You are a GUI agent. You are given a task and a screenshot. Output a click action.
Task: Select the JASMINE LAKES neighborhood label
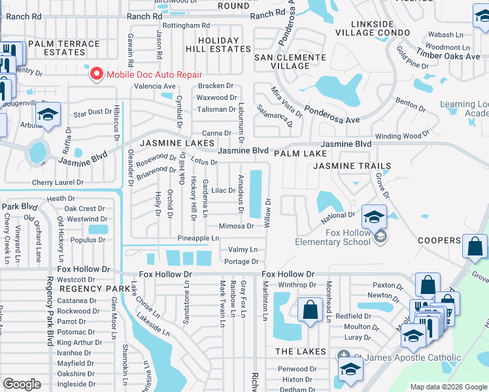click(x=176, y=142)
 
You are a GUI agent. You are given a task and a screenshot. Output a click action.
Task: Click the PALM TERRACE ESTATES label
click(x=64, y=49)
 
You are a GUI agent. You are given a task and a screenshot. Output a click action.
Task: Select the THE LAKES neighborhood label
click(x=300, y=351)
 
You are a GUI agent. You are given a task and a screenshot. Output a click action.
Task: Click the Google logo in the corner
click(x=22, y=384)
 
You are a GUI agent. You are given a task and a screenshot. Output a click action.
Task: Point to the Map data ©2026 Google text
click(x=448, y=387)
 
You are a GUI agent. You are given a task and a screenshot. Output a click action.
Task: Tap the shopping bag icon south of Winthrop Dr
click(x=310, y=309)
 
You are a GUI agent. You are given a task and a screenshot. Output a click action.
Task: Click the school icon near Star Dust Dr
click(x=48, y=114)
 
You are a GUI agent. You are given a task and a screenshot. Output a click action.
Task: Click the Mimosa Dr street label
click(x=236, y=226)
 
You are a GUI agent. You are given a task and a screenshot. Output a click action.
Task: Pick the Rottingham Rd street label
click(x=186, y=25)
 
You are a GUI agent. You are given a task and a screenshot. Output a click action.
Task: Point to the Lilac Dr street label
click(x=223, y=191)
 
